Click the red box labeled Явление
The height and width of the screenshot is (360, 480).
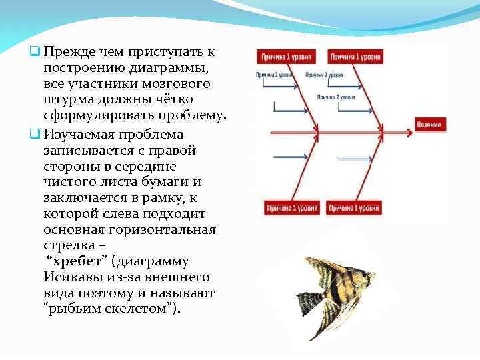(429, 125)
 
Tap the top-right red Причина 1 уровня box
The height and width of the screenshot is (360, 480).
(357, 57)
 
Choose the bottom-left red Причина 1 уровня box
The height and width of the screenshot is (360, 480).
(289, 208)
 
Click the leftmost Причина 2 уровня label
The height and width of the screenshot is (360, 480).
(275, 75)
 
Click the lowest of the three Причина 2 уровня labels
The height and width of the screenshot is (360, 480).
(336, 97)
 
